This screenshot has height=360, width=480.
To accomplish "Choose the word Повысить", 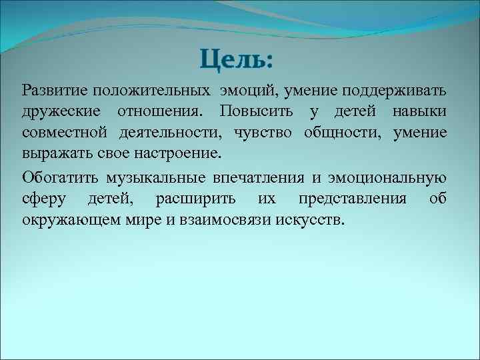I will click(257, 111).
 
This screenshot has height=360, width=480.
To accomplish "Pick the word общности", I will click(341, 132).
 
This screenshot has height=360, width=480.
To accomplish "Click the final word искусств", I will click(312, 220).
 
